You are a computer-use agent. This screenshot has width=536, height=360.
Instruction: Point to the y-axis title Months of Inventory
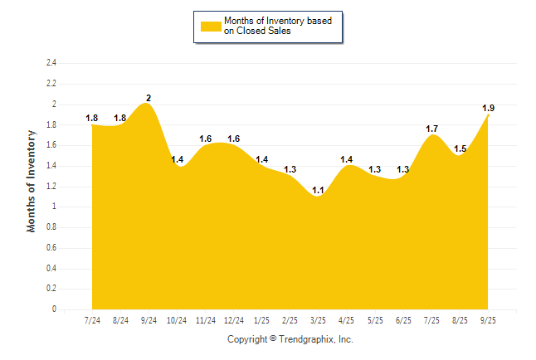click(x=32, y=180)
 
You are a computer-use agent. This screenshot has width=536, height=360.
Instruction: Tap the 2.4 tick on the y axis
click(x=51, y=63)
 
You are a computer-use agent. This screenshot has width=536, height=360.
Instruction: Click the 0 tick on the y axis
click(x=54, y=309)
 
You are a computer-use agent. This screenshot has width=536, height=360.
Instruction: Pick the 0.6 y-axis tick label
click(x=51, y=248)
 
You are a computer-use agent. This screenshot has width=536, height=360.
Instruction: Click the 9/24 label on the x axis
click(x=149, y=320)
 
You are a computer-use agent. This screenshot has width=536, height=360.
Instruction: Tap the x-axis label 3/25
click(x=319, y=320)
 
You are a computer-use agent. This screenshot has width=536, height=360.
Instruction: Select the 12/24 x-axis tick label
click(x=234, y=320)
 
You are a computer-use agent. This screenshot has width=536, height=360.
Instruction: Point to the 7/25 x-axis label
click(x=432, y=320)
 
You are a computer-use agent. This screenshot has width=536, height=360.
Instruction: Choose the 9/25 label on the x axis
click(x=489, y=320)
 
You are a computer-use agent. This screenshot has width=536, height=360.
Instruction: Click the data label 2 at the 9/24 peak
click(x=149, y=98)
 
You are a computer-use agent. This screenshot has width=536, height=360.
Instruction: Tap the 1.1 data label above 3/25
click(x=319, y=190)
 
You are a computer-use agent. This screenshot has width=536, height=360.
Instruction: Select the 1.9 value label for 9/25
click(x=489, y=108)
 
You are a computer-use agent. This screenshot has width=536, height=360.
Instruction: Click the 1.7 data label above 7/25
click(x=432, y=129)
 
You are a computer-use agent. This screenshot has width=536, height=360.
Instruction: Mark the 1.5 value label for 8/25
click(x=460, y=149)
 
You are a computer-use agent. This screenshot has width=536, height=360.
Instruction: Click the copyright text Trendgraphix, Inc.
click(x=290, y=339)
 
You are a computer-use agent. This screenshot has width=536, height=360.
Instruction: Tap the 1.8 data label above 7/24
click(x=92, y=119)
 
